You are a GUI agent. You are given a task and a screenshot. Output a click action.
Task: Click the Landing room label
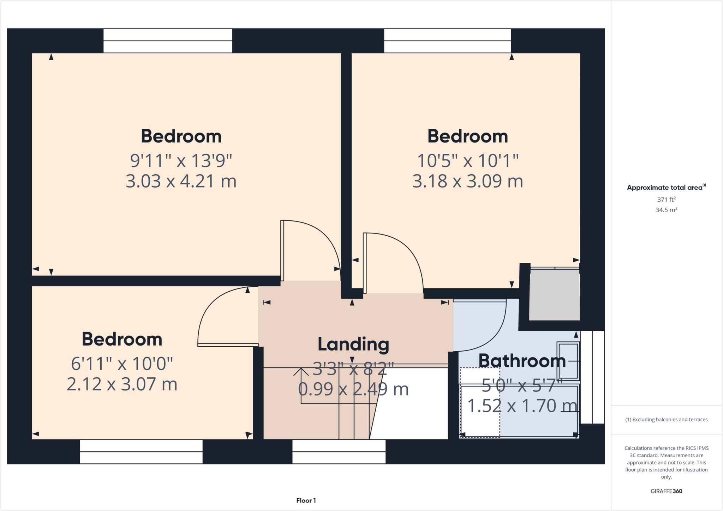coord(353,344)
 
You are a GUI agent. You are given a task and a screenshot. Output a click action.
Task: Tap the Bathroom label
coord(522,361)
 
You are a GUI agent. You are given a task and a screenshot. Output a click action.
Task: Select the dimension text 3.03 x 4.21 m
coord(181,181)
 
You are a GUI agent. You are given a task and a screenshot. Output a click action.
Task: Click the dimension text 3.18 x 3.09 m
coord(467,181)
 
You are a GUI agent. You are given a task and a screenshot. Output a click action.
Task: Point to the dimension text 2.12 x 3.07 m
coord(122,384)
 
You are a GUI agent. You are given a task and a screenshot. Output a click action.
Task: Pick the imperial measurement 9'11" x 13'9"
coord(181,161)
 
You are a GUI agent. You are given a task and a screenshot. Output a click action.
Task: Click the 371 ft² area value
coord(666,200)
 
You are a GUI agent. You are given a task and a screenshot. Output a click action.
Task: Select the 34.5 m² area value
coord(666,210)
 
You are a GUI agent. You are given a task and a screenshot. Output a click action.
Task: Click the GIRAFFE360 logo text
coord(666,491)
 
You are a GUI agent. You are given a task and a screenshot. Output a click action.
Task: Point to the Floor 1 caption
coord(306,500)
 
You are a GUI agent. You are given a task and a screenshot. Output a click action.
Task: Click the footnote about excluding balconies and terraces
coord(666,420)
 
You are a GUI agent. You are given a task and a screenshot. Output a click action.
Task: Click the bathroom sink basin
coord(568,360)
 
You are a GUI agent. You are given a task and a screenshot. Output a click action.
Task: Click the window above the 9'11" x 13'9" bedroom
coord(168,41)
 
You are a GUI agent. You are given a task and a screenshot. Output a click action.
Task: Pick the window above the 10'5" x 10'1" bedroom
coord(447,41)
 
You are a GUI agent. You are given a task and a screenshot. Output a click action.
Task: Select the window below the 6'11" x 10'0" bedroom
coord(141,452)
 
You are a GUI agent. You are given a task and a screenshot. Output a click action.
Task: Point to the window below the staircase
coord(339,452)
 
